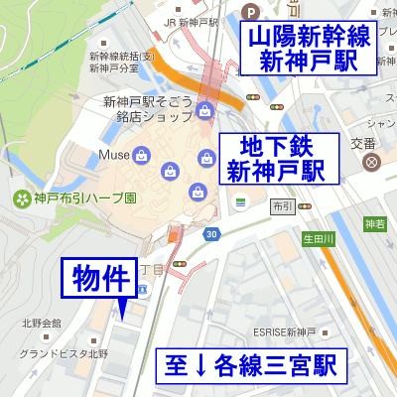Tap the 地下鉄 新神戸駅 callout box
coord(277,158)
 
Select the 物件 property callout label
coord(98,279)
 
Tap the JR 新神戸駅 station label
coord(191,22)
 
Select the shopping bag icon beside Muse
coord(141,155)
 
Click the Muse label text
coord(113,155)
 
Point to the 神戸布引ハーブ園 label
coord(84,198)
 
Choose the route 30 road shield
coord(211,234)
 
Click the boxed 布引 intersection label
coord(281,206)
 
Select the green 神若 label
coord(374,223)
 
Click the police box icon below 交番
coord(371,161)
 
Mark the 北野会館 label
coord(42,324)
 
